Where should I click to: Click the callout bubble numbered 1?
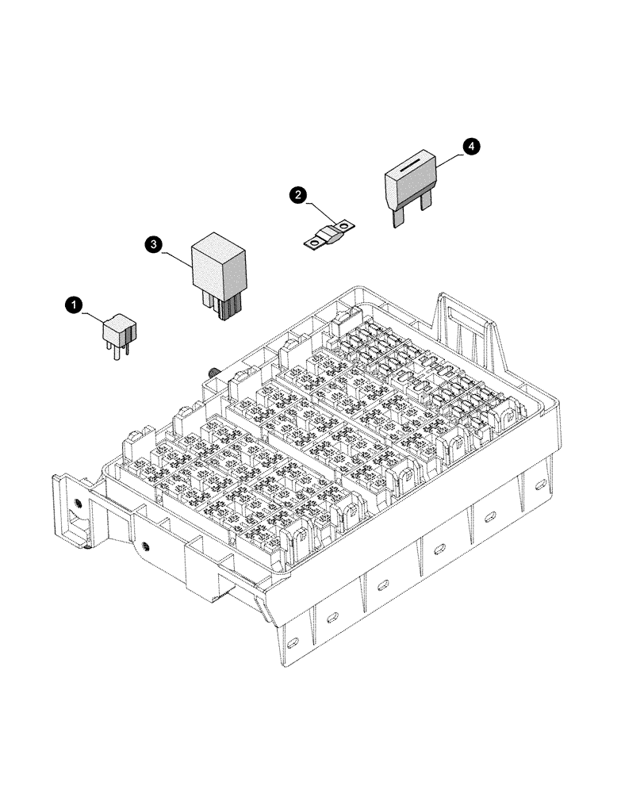coord(73,304)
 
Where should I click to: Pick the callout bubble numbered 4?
coord(470,146)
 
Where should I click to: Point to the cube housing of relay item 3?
coord(218,263)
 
